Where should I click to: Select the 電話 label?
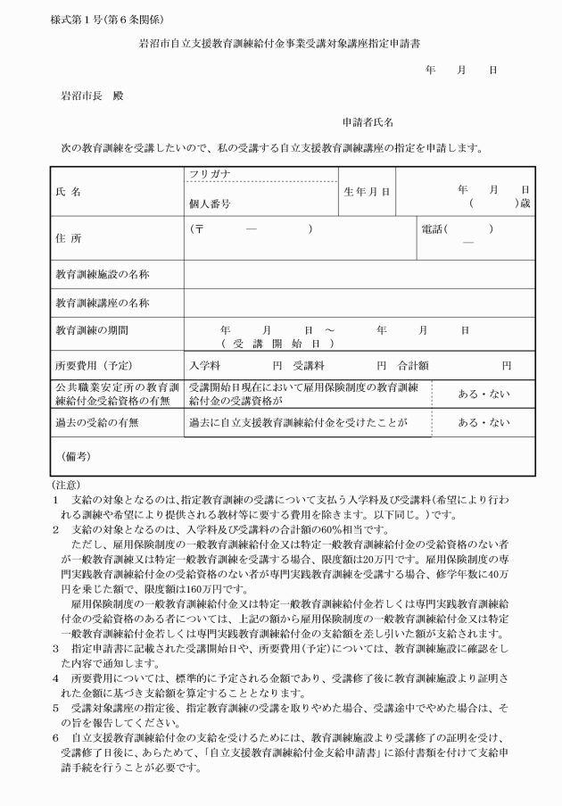[434, 229]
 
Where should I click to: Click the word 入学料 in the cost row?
[205, 365]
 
